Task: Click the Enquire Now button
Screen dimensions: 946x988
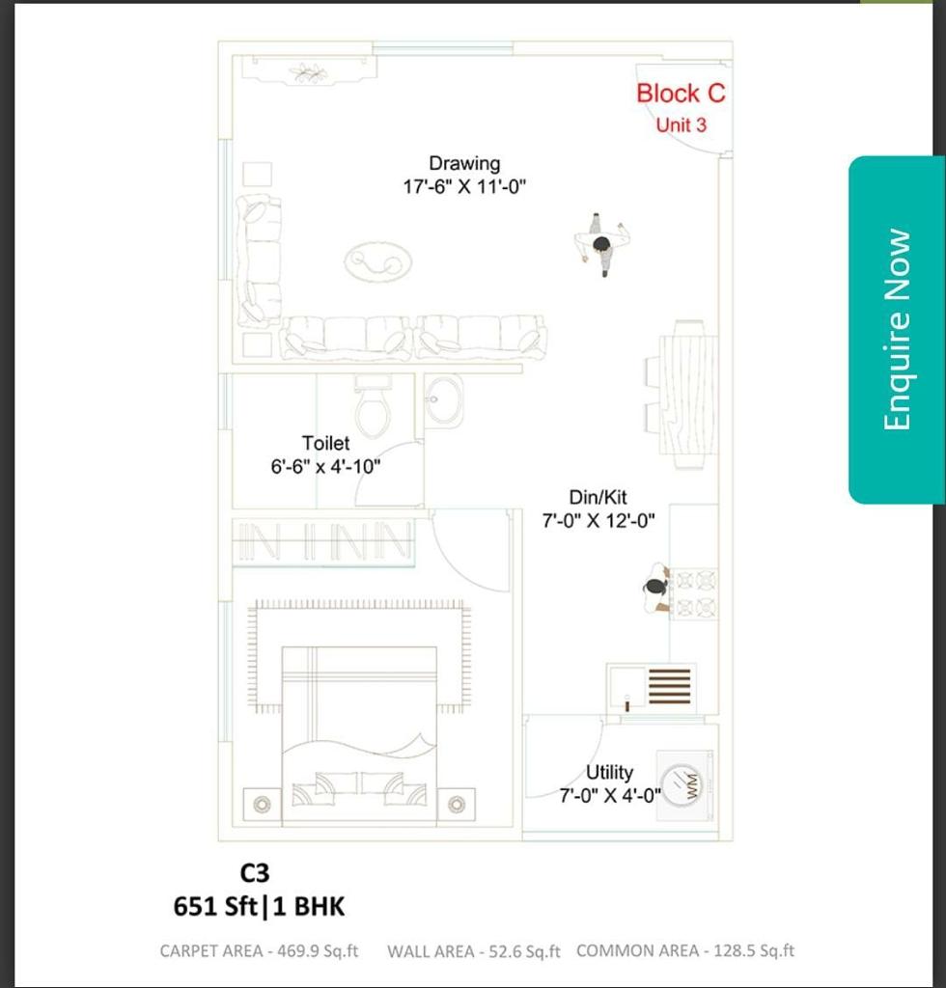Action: [x=896, y=330]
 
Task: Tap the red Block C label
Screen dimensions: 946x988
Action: [x=681, y=94]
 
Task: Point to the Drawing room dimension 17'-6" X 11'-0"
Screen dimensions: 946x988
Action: [x=464, y=187]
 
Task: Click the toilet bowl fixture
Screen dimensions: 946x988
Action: [x=374, y=406]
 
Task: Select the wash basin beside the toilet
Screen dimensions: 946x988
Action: [x=444, y=400]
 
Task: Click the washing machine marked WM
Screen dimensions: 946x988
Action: [x=685, y=785]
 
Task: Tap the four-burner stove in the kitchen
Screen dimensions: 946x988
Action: [x=693, y=594]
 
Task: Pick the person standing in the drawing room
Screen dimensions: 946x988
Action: [x=602, y=244]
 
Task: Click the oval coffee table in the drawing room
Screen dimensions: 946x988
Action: [x=378, y=261]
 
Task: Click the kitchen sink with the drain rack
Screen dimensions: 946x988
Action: [x=651, y=688]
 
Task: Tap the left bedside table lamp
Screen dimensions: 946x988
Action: [x=263, y=804]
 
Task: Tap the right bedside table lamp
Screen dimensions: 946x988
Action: [x=457, y=804]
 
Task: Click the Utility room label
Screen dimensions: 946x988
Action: [x=609, y=772]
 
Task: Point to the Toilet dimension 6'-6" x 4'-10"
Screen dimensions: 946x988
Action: [x=326, y=467]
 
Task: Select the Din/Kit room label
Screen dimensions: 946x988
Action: [x=598, y=497]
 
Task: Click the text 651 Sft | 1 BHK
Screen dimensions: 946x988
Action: [x=259, y=907]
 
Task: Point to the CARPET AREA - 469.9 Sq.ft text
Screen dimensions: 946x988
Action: [x=259, y=950]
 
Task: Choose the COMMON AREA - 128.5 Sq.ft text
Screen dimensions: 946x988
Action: [x=685, y=950]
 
